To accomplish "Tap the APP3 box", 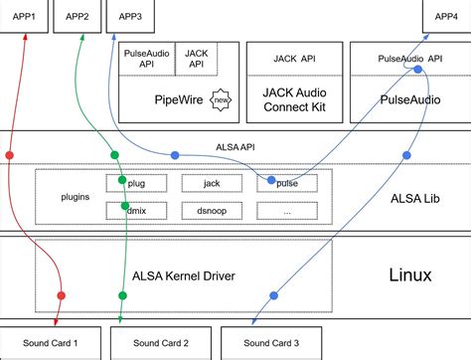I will coord(129,17).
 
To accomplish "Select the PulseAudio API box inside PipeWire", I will coord(147,59).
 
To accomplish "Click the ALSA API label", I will coord(234,143).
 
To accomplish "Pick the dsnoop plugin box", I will coord(211,210).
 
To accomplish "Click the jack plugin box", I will coord(211,183).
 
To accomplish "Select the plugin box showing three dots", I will coord(286,210).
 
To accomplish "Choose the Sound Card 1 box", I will coord(51,343).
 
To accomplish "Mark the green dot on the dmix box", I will coord(122,208).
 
